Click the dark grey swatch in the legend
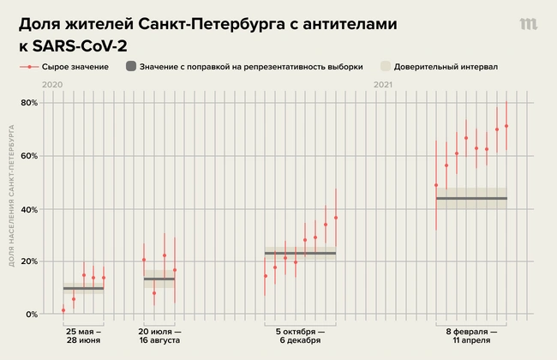point(130,66)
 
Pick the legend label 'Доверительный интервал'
point(446,66)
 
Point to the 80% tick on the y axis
point(28,103)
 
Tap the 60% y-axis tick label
point(28,156)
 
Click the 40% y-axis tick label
point(28,209)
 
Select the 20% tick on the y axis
point(28,261)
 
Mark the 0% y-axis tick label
point(31,315)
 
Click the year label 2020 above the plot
point(52,85)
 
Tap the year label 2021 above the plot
point(383,85)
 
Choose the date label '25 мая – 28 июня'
point(83,335)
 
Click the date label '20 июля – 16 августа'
point(159,335)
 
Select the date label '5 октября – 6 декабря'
point(300,335)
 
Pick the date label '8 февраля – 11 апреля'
point(471,335)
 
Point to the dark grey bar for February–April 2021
point(471,198)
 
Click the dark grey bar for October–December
point(300,254)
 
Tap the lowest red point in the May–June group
point(63,309)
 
